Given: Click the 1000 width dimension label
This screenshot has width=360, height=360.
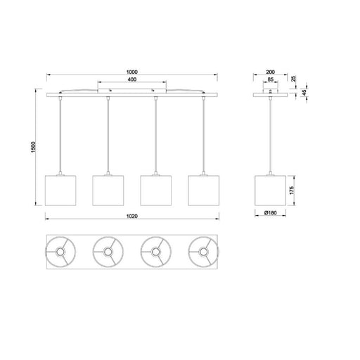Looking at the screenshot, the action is [x=132, y=72].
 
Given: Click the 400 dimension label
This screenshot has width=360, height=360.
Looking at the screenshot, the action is [x=132, y=79].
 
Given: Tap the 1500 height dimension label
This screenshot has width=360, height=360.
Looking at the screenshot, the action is [x=33, y=148].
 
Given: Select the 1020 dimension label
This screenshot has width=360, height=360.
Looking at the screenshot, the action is [x=132, y=216].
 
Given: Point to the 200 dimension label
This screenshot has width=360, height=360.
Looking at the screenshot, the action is [x=270, y=72].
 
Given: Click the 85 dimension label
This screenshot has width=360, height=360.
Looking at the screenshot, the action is [x=270, y=79].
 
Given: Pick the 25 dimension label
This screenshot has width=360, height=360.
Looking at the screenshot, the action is [x=294, y=79].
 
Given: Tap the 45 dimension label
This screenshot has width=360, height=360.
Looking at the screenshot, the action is [x=304, y=93].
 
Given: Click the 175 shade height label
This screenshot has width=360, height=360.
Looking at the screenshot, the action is [x=292, y=191].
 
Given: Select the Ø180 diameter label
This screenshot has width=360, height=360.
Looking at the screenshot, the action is [x=270, y=213].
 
